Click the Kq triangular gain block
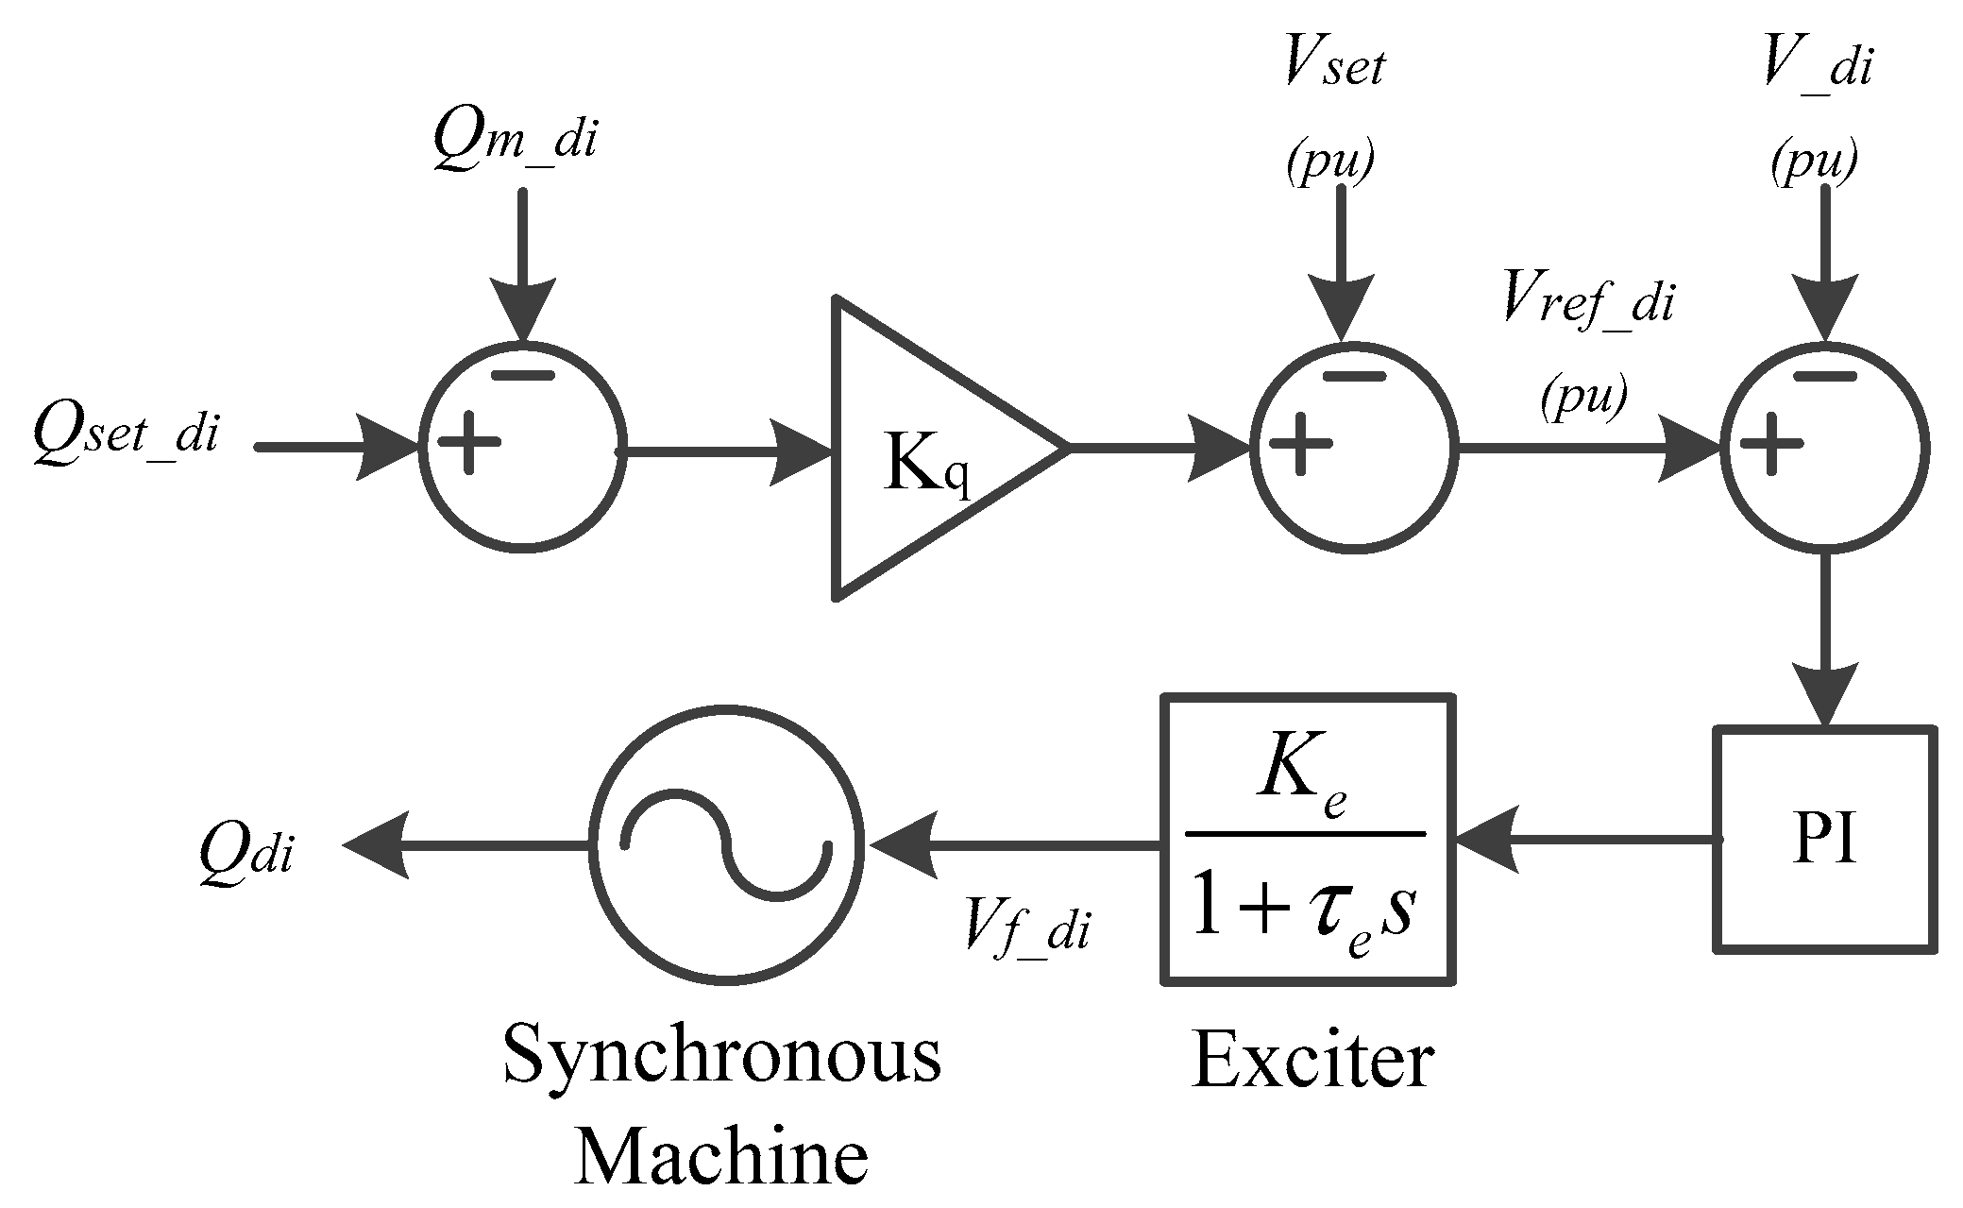tap(930, 449)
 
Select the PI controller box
tap(1824, 839)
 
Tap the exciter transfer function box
tap(1307, 841)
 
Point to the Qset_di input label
tap(126, 434)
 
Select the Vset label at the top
tap(1334, 67)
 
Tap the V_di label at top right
tap(1818, 67)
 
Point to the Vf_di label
tap(1026, 927)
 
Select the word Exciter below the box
tap(1312, 1062)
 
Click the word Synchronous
tap(722, 1056)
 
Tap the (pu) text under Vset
tap(1329, 161)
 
